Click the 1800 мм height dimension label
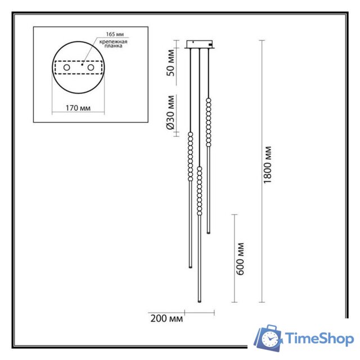[x=268, y=164]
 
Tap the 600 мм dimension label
[x=241, y=258]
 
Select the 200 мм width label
[x=167, y=319]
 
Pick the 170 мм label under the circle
[x=78, y=107]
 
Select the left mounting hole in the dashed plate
[x=66, y=67]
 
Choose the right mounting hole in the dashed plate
[x=90, y=67]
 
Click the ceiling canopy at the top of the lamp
[x=200, y=44]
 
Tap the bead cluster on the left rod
[x=190, y=156]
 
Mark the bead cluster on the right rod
[x=209, y=122]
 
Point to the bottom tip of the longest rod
[x=199, y=303]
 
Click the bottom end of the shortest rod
[x=209, y=232]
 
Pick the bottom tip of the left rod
[x=190, y=266]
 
